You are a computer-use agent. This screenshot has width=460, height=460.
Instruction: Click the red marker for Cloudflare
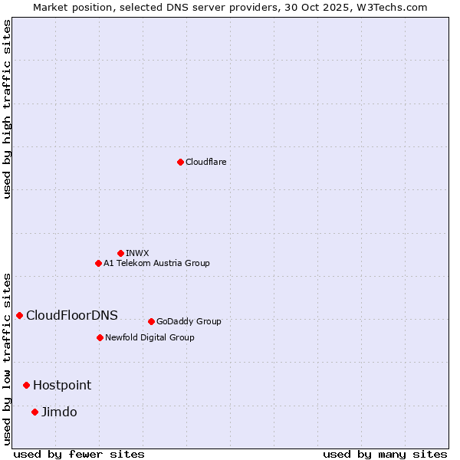pos(180,162)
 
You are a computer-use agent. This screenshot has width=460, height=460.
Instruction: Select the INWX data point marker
pos(120,253)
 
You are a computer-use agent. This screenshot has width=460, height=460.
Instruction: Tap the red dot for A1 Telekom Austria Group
pos(98,263)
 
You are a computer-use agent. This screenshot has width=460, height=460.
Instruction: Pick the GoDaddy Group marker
pos(151,321)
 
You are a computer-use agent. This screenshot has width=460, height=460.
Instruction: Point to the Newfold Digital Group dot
pos(100,337)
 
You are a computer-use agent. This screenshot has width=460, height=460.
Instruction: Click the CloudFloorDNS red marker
pos(19,315)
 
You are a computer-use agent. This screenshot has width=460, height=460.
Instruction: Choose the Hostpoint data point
pos(26,385)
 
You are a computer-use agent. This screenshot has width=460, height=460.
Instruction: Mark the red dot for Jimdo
pos(34,412)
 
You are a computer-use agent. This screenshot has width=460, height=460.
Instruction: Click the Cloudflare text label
pos(205,162)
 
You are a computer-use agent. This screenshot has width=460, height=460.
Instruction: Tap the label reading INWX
pos(137,253)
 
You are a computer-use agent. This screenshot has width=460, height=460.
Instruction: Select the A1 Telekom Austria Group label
pos(156,263)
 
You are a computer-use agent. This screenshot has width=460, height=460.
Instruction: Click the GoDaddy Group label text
pos(189,321)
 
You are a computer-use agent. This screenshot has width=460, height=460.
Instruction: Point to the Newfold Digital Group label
pos(149,337)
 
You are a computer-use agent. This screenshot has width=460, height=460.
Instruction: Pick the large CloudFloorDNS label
pos(72,315)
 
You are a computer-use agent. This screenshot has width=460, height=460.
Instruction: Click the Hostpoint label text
pos(62,385)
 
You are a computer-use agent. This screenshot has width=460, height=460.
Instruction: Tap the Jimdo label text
pos(59,412)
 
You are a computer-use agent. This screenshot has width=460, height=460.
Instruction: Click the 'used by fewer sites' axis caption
pos(79,454)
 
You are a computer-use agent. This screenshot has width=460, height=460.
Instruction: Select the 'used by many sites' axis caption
pos(385,454)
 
